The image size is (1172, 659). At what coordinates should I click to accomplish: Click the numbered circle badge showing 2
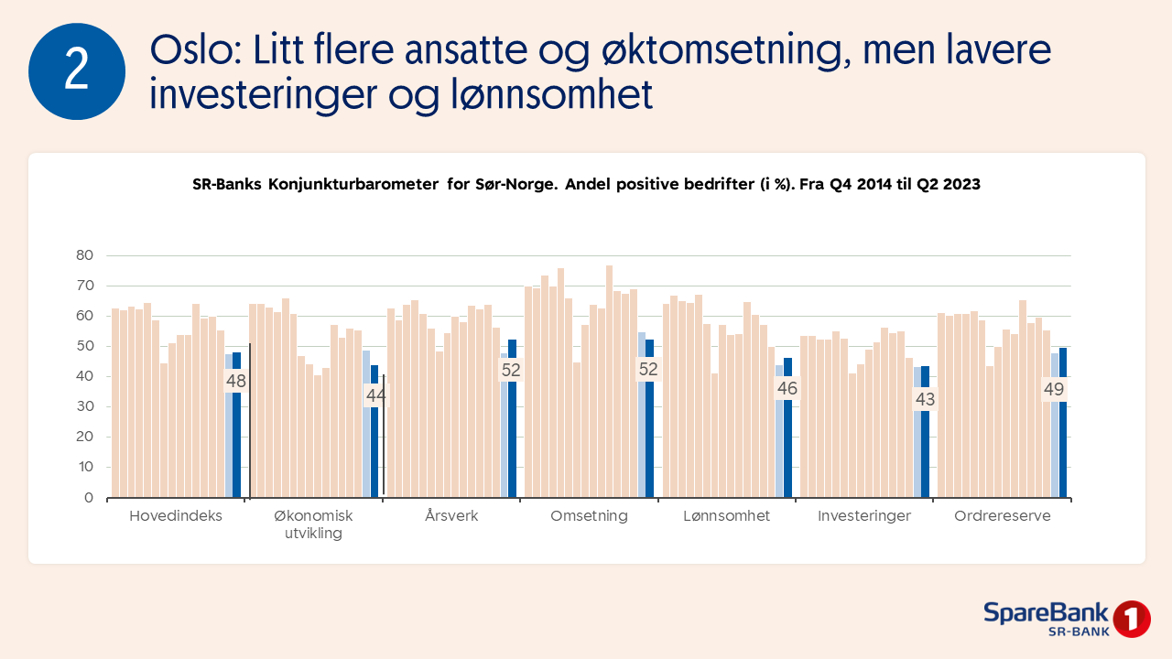tap(77, 71)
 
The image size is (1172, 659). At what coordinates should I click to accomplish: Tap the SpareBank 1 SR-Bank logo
tap(1066, 619)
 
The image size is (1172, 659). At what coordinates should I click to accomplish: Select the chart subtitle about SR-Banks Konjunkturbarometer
tap(586, 184)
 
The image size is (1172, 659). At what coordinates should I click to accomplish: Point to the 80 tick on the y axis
tap(84, 255)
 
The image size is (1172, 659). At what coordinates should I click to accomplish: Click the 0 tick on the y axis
tap(88, 498)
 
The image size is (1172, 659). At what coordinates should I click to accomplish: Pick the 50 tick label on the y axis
tap(84, 346)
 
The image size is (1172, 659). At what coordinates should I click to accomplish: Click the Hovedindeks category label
tap(176, 516)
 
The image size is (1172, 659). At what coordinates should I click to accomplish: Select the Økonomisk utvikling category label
tap(313, 524)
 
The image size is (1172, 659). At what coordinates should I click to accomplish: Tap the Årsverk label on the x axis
tap(451, 516)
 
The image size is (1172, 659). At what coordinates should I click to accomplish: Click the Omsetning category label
tap(589, 516)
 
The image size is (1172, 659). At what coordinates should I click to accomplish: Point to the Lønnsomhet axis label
tap(726, 516)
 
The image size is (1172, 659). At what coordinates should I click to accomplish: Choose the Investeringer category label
tap(864, 516)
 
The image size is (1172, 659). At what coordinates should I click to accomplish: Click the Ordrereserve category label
tap(1002, 516)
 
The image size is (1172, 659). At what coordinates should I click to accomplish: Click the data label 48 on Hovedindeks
tap(236, 381)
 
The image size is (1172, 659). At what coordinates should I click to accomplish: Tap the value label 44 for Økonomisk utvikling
tap(375, 395)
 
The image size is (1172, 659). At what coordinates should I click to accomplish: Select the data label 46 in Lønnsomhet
tap(787, 388)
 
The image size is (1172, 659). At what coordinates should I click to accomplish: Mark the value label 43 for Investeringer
tap(925, 399)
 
